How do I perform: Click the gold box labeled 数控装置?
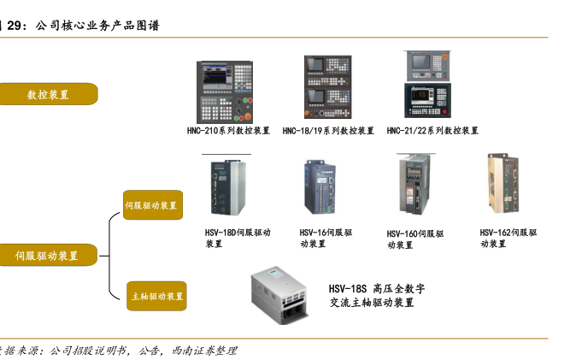tap(48, 94)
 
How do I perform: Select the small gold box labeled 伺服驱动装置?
tap(153, 205)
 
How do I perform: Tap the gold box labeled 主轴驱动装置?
tap(157, 296)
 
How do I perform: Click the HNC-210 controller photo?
tap(225, 92)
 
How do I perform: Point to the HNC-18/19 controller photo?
tap(327, 86)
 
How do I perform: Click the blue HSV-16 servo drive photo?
tap(320, 186)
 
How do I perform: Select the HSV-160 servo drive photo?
tap(415, 185)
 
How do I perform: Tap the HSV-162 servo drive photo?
tap(503, 184)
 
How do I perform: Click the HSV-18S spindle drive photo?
tap(279, 295)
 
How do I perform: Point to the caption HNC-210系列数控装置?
tap(228, 131)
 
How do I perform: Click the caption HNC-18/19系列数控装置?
tap(328, 131)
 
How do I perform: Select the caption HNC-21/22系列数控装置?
tap(432, 131)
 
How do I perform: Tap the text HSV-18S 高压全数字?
tap(377, 289)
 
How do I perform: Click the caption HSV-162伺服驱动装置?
tap(508, 238)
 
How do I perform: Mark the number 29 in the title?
tap(15, 26)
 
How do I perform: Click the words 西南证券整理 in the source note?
tap(204, 351)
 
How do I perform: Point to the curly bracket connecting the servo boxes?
tap(110, 256)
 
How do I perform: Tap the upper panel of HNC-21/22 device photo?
tap(427, 66)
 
